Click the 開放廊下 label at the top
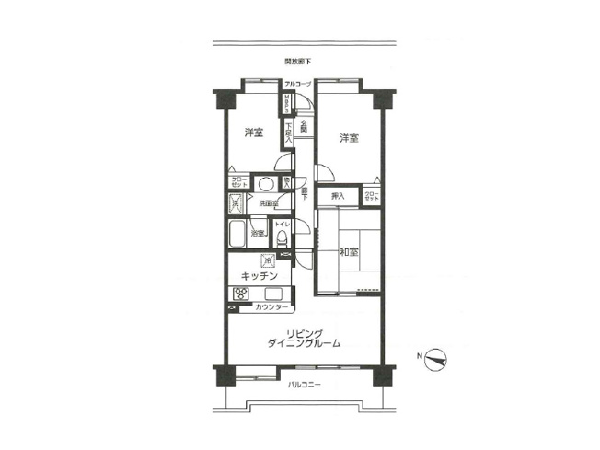click(x=298, y=62)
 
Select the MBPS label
click(x=287, y=103)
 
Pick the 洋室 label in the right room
click(x=348, y=138)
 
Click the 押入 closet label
click(x=338, y=195)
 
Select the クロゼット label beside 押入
click(x=371, y=195)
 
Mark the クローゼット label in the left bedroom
click(x=237, y=182)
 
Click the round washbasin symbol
click(x=265, y=182)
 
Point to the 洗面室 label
click(x=268, y=202)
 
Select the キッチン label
click(x=260, y=276)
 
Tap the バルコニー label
click(x=304, y=384)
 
